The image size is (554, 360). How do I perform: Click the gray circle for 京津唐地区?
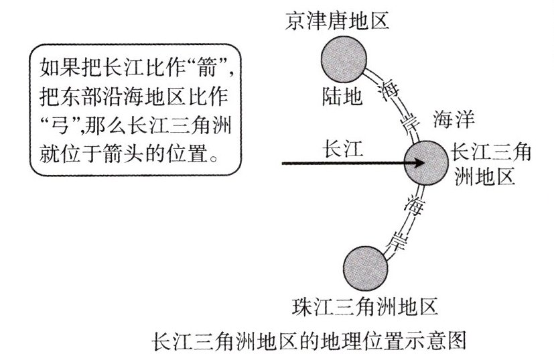(344, 59)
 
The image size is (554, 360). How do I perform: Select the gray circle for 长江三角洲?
(429, 162)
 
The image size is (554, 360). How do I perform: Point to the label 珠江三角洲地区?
(366, 308)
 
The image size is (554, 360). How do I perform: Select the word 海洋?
(454, 120)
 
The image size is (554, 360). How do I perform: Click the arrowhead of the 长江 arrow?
(419, 162)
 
